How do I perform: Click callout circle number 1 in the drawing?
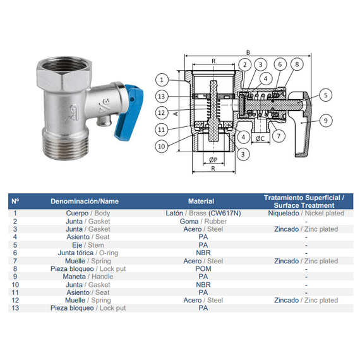pos(162,80)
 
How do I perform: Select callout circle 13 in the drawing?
pos(162,97)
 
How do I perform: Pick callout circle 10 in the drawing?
pos(162,146)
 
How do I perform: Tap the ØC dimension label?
pos(260,138)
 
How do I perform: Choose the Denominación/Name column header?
pos(85,201)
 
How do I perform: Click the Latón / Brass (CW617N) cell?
pos(203,213)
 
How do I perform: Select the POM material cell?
pos(203,268)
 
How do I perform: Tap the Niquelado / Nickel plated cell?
pos(306,213)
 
